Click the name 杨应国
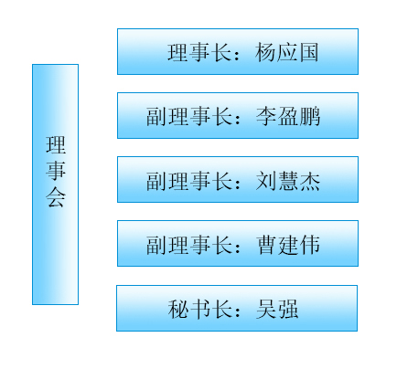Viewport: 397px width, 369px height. point(287,52)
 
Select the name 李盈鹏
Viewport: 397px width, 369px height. point(288,116)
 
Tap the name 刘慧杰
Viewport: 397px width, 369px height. point(288,181)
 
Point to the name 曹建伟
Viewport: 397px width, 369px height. point(288,245)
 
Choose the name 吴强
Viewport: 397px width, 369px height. point(277,309)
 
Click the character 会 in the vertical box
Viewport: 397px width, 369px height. point(56,197)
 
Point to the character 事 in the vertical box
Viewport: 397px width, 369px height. point(56,171)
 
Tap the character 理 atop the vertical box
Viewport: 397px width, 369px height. point(56,145)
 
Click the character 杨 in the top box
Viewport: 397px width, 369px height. point(265,52)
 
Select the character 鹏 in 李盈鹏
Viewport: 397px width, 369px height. point(310,116)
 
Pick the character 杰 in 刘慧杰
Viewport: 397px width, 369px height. point(310,181)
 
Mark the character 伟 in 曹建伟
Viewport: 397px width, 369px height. point(310,245)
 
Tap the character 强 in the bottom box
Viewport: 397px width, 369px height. point(288,309)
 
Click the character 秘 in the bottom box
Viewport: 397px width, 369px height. point(178,309)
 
